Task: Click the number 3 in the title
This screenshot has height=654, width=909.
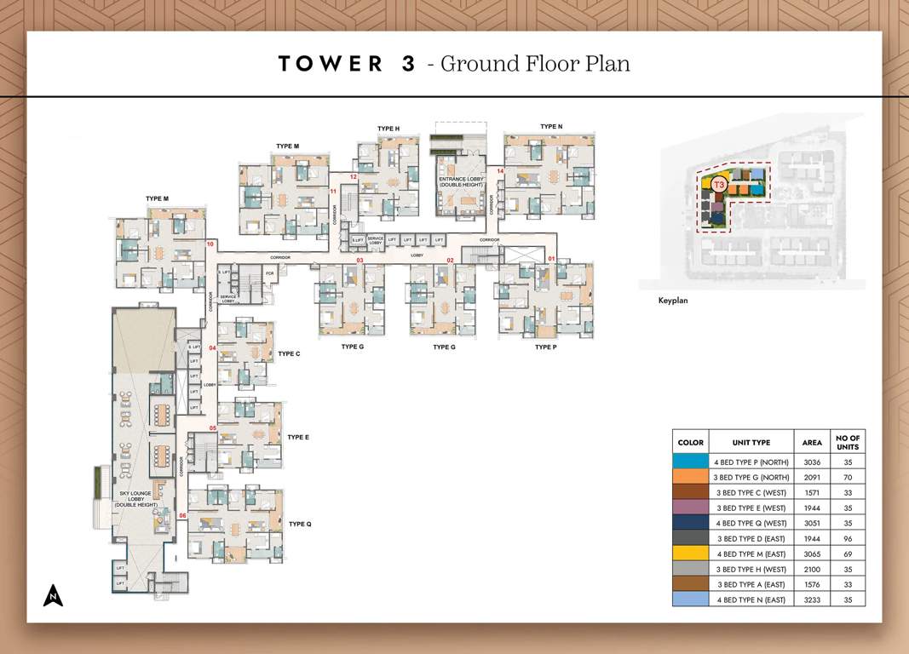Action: (x=408, y=64)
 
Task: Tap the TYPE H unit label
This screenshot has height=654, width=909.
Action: (x=388, y=129)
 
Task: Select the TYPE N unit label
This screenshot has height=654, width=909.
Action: (x=551, y=127)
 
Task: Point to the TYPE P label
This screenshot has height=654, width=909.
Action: (x=546, y=347)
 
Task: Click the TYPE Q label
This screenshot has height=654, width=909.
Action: (x=300, y=524)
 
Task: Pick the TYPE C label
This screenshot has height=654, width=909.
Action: (x=289, y=353)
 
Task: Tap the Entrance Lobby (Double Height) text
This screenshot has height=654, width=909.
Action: (x=460, y=182)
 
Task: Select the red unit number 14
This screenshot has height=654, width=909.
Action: (x=500, y=171)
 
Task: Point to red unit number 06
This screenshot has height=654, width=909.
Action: (x=182, y=516)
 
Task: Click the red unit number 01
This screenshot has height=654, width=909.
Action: (x=551, y=259)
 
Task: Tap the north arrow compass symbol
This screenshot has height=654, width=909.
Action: (x=54, y=594)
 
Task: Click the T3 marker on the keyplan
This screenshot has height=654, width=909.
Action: (x=719, y=185)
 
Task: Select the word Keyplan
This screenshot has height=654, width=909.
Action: (x=673, y=301)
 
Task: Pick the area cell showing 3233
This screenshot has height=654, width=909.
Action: (x=812, y=599)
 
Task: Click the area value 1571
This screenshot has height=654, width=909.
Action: (x=812, y=492)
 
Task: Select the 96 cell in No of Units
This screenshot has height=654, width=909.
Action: (x=848, y=538)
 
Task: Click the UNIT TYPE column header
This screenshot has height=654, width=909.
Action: (x=751, y=443)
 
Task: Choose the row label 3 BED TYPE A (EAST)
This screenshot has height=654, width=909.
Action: (x=751, y=584)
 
